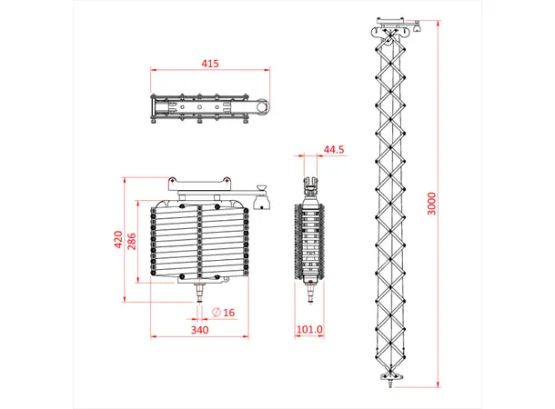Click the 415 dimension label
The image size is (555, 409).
[210, 64]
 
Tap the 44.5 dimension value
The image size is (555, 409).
[333, 150]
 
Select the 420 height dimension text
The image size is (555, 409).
[117, 239]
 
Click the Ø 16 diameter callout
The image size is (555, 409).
[223, 313]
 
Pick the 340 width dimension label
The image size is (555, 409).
[199, 330]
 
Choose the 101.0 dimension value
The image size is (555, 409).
[310, 330]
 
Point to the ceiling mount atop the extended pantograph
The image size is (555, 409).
[391, 26]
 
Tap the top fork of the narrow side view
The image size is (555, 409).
[310, 185]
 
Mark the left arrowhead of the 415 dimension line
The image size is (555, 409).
[153, 69]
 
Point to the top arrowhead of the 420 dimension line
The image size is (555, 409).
[126, 178]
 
